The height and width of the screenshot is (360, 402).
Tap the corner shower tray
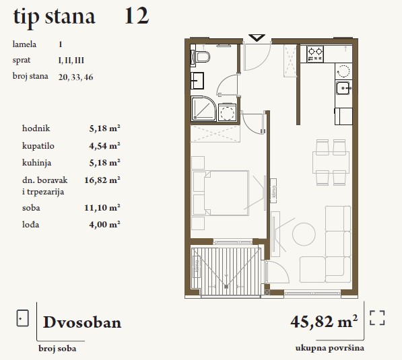(x=203, y=108)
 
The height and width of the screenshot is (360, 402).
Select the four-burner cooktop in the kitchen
(x=315, y=54)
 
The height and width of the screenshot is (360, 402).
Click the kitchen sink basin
(x=343, y=87)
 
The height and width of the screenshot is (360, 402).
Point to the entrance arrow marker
(x=257, y=38)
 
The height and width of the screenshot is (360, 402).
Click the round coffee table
(x=304, y=234)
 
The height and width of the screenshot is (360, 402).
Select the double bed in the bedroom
(x=220, y=193)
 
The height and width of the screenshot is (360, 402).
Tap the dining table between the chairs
(x=331, y=162)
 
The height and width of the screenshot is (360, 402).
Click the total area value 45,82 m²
(x=324, y=322)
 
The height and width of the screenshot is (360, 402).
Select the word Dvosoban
(x=82, y=322)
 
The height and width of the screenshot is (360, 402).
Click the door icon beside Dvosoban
(x=23, y=318)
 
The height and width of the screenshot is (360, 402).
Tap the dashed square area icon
(x=377, y=318)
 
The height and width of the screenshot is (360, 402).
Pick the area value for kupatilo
(x=104, y=146)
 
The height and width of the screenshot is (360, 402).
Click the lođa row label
(x=31, y=225)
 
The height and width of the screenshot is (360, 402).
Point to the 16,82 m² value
(x=102, y=180)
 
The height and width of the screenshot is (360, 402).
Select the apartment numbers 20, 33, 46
(x=75, y=77)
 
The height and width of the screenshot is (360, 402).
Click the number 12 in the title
(x=137, y=16)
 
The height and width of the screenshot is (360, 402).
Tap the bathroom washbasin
(x=197, y=81)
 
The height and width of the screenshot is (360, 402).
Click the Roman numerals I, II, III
(x=71, y=61)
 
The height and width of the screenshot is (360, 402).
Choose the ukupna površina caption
(x=330, y=348)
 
